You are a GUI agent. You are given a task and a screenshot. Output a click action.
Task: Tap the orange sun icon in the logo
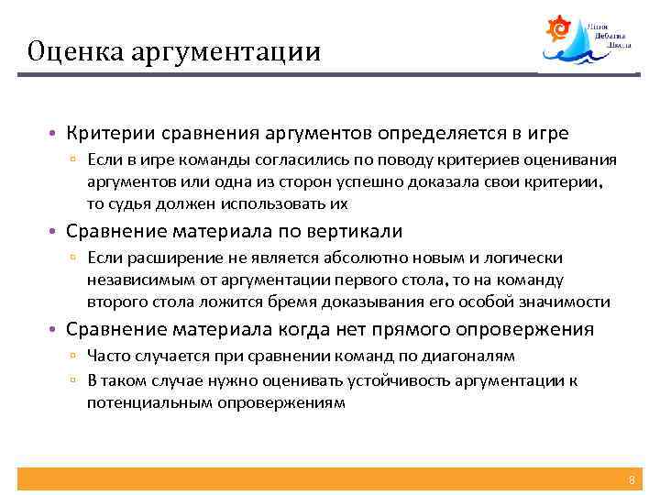pos(557,29)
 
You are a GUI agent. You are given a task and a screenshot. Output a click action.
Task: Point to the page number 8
pos(631,480)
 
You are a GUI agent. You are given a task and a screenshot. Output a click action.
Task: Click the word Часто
pos(109,356)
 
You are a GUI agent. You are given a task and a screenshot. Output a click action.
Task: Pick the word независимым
pos(135,280)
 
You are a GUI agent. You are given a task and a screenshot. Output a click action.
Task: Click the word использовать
pos(275,203)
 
